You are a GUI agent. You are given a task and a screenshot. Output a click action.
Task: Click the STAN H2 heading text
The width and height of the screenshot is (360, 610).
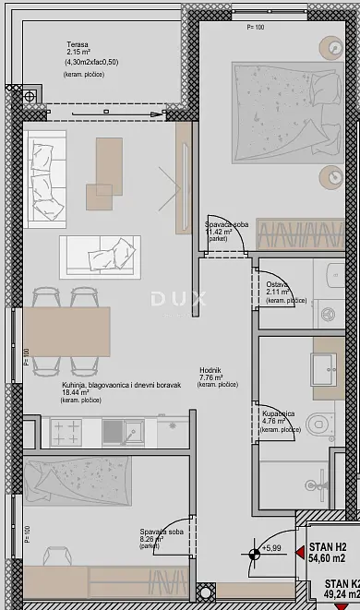tap(328, 547)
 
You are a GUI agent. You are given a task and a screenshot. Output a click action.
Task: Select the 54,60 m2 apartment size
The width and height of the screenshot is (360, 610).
tap(328, 559)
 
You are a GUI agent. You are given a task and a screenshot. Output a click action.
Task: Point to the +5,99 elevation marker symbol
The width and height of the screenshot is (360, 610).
tap(252, 554)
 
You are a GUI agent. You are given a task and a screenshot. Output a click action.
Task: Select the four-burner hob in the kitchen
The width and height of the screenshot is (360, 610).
tap(67, 430)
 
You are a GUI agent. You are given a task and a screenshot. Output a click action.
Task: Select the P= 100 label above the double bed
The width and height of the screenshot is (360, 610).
tap(256, 28)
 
